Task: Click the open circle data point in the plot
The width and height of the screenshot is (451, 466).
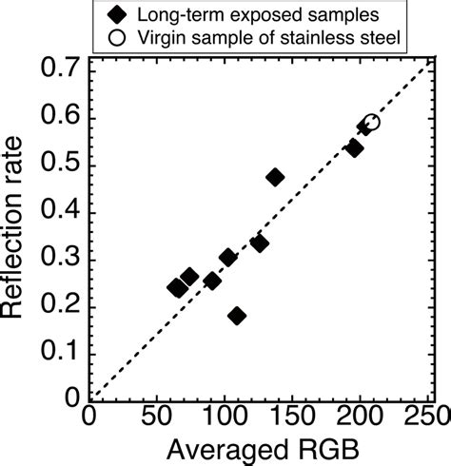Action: pos(371,123)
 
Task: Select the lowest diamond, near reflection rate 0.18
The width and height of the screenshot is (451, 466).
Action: pos(237,316)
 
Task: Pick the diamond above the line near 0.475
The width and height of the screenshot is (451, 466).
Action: pos(275,177)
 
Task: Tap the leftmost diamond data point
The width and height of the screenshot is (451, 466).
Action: pos(176,287)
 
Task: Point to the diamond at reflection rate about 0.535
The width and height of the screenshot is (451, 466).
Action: pos(354,148)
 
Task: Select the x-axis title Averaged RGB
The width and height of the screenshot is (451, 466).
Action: pos(258,449)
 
